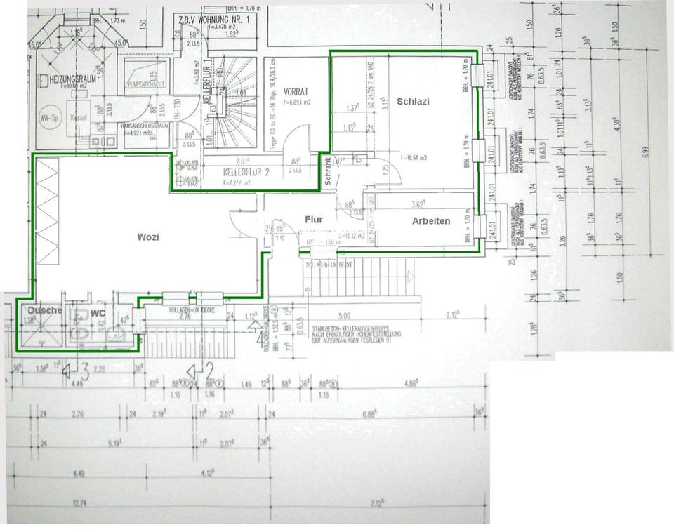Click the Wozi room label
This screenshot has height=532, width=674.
point(147,237)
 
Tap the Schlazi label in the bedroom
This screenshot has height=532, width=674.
point(413,101)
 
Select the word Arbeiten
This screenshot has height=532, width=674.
point(431,221)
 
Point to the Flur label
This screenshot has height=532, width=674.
point(314,220)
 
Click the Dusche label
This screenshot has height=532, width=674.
point(45,310)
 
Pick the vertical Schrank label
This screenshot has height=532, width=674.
point(328,171)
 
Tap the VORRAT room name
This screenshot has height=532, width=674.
point(298,92)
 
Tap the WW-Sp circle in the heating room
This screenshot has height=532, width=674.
point(48,118)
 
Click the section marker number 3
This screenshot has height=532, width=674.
point(84,368)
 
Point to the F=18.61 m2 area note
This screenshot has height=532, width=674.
point(415,158)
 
